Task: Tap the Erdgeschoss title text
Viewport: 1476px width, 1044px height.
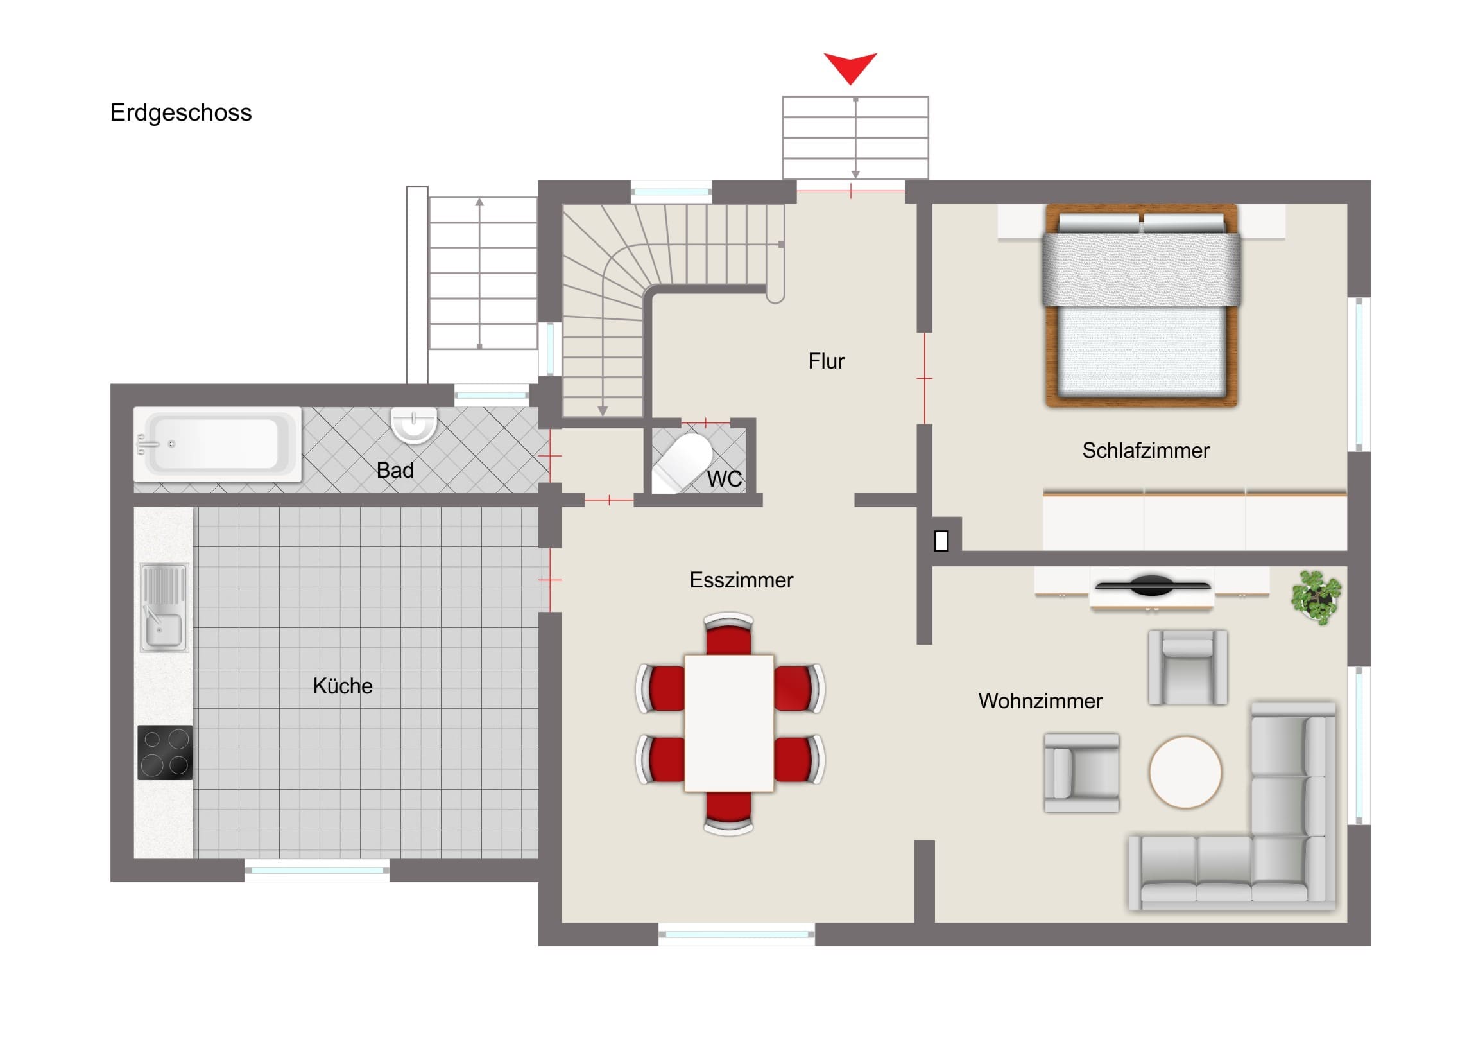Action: [180, 112]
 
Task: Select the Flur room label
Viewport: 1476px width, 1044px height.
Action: [826, 361]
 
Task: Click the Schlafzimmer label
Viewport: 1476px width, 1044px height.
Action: [1146, 450]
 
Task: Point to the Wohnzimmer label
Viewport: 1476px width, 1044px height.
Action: [1040, 700]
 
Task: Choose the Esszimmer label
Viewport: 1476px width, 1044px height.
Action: [741, 580]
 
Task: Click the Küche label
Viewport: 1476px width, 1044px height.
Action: [343, 686]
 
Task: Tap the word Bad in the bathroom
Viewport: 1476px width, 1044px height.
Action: [395, 470]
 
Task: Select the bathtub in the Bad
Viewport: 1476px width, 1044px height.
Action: [218, 444]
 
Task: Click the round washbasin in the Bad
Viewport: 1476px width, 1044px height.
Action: [414, 424]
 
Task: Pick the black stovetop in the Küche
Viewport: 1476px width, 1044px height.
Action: [164, 753]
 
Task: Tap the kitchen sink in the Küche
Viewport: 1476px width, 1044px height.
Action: [164, 607]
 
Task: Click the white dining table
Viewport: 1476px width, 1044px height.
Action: [729, 723]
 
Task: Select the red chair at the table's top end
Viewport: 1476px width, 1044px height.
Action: [728, 634]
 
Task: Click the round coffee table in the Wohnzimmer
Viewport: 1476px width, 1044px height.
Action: [1185, 772]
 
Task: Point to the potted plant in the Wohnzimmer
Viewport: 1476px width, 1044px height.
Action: [1316, 597]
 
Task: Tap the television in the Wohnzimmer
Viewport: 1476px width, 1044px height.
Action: [1153, 586]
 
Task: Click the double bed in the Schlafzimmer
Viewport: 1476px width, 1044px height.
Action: [1142, 306]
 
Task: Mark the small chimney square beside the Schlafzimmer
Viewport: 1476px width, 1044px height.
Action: [941, 541]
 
